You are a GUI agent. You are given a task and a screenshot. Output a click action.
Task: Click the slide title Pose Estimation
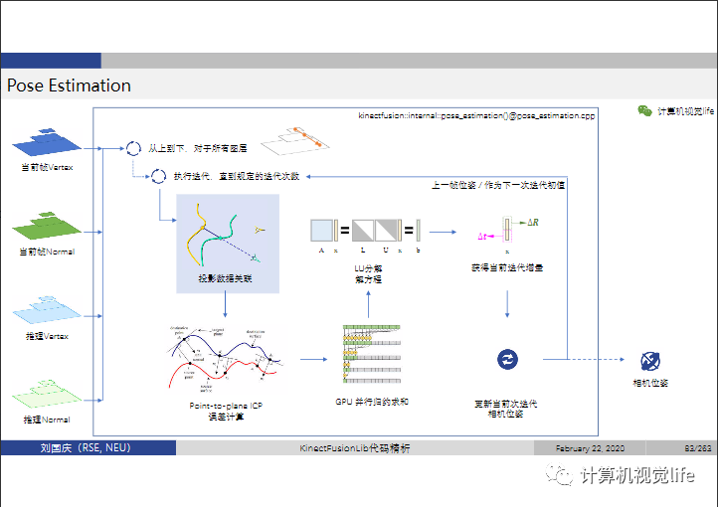[x=69, y=85]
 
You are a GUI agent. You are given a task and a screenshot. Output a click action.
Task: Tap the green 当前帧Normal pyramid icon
[x=47, y=225]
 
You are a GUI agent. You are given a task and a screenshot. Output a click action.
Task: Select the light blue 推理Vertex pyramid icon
[x=47, y=309]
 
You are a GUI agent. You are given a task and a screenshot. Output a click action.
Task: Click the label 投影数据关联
[x=227, y=279]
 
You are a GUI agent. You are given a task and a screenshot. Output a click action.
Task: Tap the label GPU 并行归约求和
[x=372, y=402]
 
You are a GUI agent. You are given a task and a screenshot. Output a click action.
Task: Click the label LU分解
[x=369, y=268]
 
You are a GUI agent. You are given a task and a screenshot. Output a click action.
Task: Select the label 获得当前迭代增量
[x=507, y=268]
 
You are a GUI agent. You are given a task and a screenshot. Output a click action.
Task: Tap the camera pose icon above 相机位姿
[x=650, y=361]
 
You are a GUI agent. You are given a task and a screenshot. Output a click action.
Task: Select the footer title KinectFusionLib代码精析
[x=355, y=448]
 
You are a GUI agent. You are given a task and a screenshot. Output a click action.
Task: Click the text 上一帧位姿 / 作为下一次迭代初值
[x=498, y=186]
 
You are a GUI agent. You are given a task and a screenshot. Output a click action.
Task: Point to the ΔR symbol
[x=532, y=222]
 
